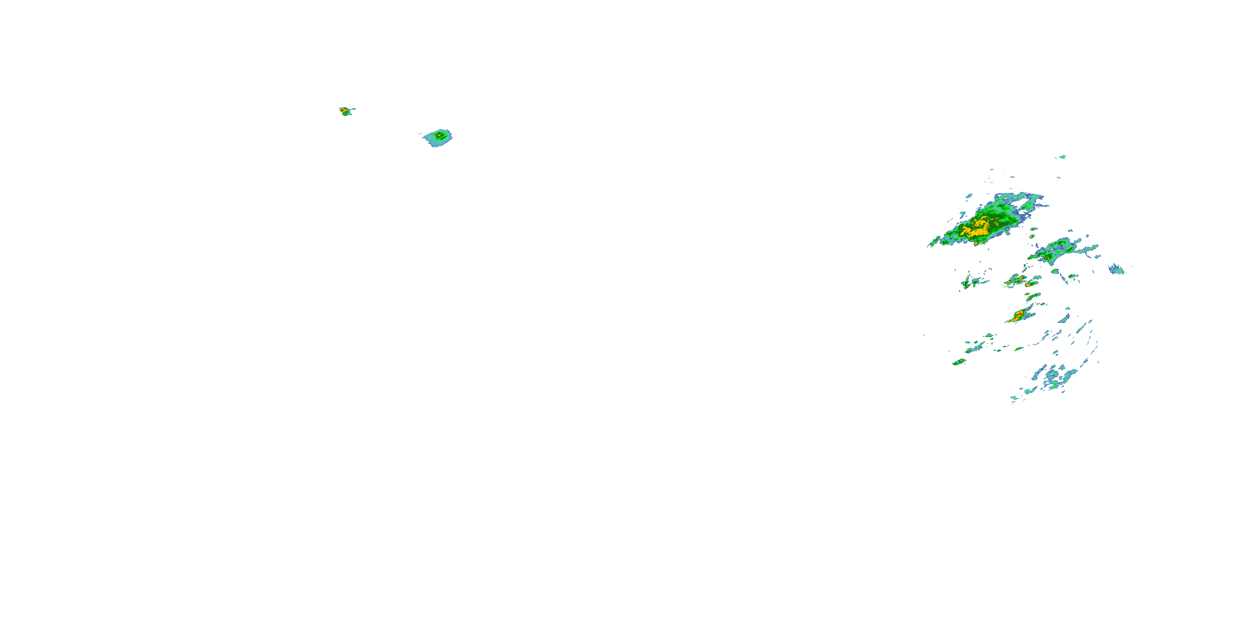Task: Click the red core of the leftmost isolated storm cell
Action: coord(344,110)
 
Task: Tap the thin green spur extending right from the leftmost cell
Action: coord(352,109)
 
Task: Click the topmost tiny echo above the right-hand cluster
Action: coord(1063,157)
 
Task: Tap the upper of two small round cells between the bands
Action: coord(1034,229)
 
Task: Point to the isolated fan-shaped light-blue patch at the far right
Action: coord(1116,269)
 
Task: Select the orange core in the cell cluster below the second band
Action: coord(1021,279)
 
